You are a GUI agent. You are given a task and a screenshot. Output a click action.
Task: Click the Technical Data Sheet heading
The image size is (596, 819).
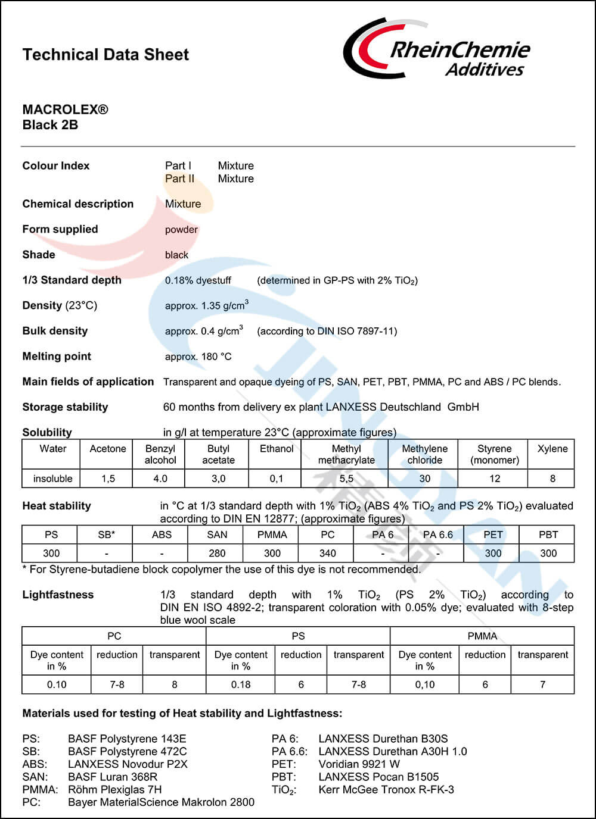pyautogui.click(x=105, y=55)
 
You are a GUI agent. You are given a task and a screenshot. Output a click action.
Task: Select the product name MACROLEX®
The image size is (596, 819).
pyautogui.click(x=65, y=110)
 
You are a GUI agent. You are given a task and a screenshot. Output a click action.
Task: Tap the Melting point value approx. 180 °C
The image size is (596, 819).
pyautogui.click(x=198, y=357)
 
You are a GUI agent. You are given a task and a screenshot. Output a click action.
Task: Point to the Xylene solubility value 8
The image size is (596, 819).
pyautogui.click(x=552, y=479)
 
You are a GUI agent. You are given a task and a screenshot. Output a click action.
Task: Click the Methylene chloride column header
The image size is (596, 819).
pyautogui.click(x=424, y=454)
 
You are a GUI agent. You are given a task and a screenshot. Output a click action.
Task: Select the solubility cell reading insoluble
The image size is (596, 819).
pyautogui.click(x=52, y=479)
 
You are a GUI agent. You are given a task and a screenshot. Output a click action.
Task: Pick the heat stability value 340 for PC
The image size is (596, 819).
pyautogui.click(x=327, y=553)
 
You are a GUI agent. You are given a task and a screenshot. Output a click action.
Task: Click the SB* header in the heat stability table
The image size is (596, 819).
pyautogui.click(x=106, y=534)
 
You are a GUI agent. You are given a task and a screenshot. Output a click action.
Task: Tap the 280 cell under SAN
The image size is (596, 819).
pyautogui.click(x=217, y=553)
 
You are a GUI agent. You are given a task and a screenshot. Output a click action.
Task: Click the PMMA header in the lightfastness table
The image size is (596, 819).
pyautogui.click(x=482, y=636)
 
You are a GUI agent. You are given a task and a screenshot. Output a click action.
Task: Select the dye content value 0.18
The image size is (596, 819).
pyautogui.click(x=241, y=684)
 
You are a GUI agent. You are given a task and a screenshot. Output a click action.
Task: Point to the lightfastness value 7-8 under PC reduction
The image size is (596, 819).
pyautogui.click(x=117, y=684)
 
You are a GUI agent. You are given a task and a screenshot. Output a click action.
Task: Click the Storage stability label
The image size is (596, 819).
pyautogui.click(x=65, y=407)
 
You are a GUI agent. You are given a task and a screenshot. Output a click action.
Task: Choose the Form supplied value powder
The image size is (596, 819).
pyautogui.click(x=181, y=230)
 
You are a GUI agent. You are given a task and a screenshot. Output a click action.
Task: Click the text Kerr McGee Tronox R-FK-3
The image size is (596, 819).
pyautogui.click(x=386, y=789)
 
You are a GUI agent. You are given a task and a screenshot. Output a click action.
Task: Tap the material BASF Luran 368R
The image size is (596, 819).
pyautogui.click(x=113, y=777)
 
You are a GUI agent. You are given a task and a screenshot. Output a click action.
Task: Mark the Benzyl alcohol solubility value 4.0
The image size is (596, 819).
pyautogui.click(x=160, y=479)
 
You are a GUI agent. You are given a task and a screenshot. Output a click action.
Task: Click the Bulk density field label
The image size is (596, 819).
pyautogui.click(x=55, y=331)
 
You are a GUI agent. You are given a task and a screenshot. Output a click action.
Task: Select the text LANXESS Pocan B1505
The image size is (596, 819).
pyautogui.click(x=378, y=777)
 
